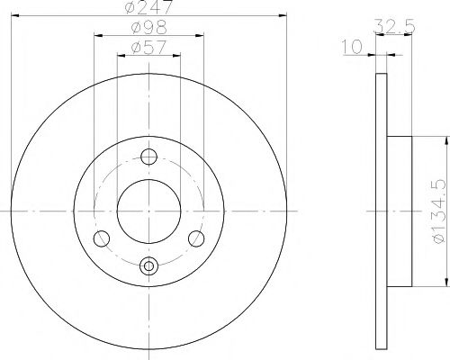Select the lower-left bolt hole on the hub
[x=103, y=238]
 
